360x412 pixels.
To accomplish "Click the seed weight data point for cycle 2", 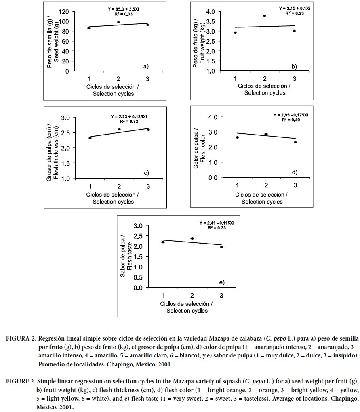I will point(118,22).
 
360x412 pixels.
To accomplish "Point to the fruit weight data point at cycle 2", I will point(264,16).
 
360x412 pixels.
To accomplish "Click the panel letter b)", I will point(294,66).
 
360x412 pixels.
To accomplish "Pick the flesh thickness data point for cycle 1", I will point(90,138).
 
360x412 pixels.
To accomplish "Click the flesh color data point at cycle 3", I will point(295,142).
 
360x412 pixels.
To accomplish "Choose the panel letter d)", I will point(295,172).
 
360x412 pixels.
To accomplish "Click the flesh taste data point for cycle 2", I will point(192,238).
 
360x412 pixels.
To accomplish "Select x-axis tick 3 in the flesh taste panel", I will point(221,295).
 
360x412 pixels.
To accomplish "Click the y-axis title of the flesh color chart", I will point(200,147).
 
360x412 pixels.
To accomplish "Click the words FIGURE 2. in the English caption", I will point(20,381).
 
